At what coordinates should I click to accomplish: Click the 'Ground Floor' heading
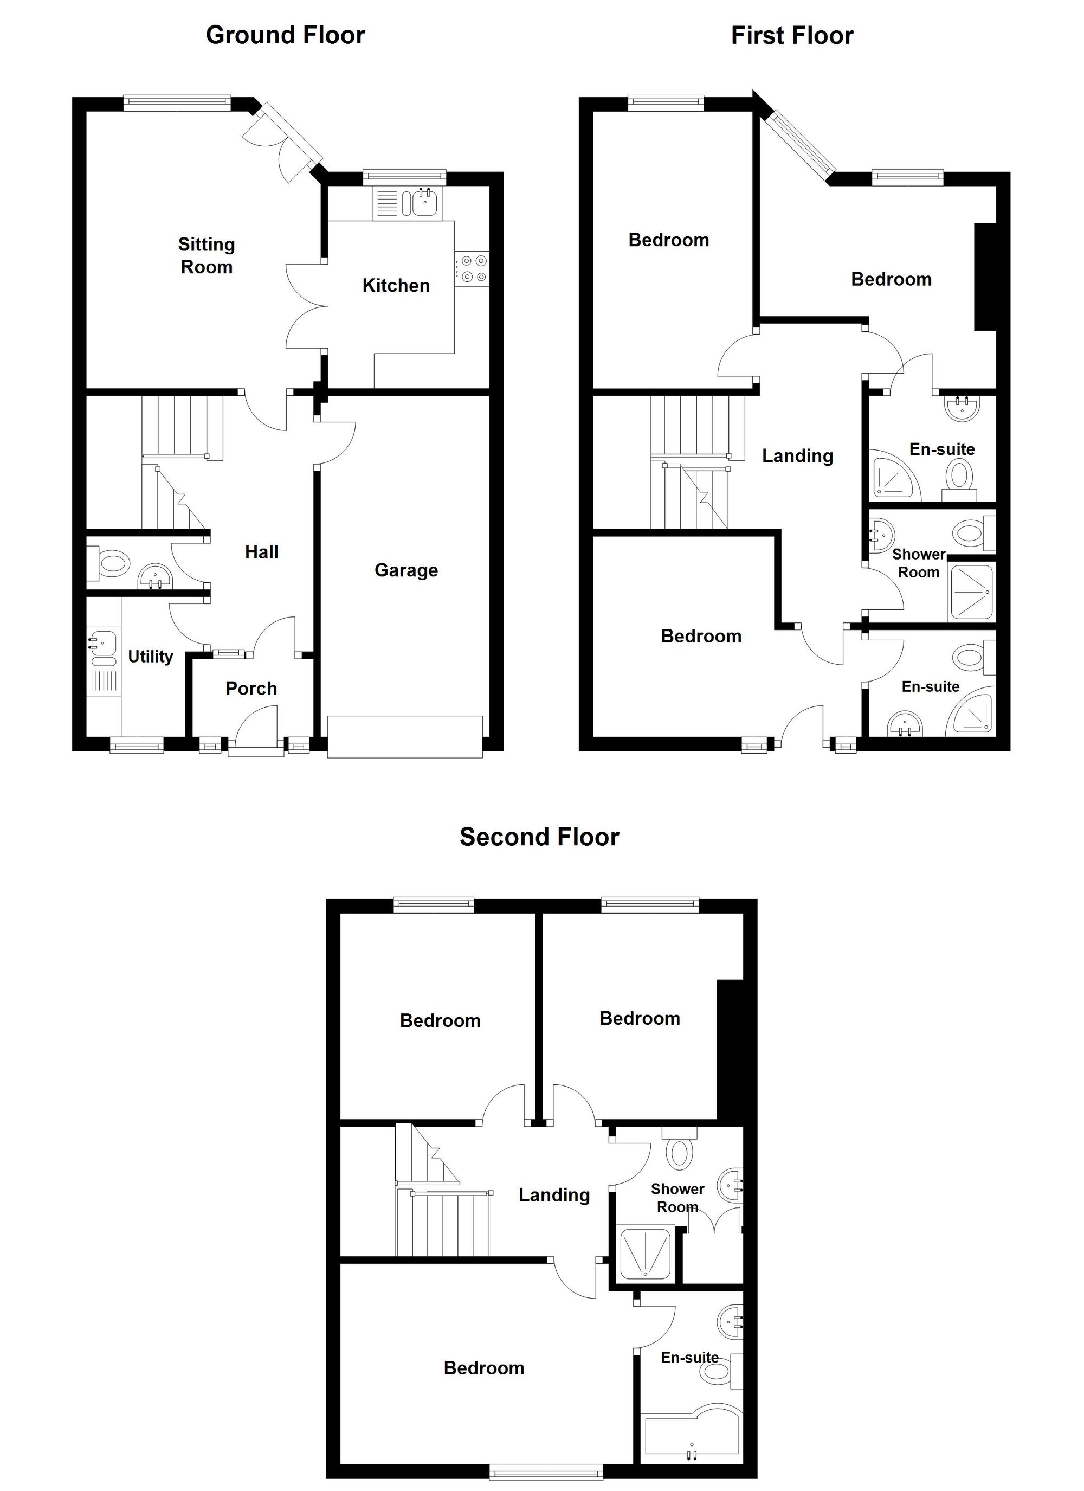285,35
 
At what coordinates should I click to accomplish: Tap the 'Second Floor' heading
539,837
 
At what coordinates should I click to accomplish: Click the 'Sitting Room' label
207,256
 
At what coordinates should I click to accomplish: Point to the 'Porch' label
251,689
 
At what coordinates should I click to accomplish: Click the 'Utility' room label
151,656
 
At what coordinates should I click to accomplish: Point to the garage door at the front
405,736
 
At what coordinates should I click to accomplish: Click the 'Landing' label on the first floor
797,455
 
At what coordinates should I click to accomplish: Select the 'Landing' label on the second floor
554,1194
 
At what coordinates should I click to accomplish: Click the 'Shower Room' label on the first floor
918,563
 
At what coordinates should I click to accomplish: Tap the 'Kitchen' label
396,285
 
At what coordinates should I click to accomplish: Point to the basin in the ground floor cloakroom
155,576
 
